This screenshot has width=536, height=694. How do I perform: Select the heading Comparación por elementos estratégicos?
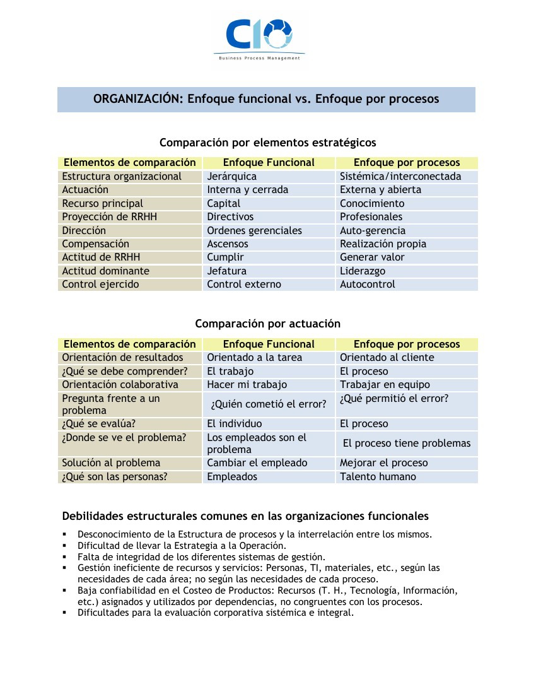click(x=267, y=142)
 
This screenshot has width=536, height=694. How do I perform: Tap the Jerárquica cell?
click(x=231, y=177)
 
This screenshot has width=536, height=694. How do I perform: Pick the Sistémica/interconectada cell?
click(x=400, y=177)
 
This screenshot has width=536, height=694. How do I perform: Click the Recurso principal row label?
click(x=102, y=204)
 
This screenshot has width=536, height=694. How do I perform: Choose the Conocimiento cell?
click(x=372, y=204)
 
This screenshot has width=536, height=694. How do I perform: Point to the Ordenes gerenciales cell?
click(x=254, y=231)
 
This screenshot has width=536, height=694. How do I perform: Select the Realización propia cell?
click(x=383, y=244)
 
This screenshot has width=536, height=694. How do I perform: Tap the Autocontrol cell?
click(x=367, y=285)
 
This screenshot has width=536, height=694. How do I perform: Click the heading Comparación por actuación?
click(x=267, y=324)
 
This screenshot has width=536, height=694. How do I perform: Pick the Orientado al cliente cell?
click(x=387, y=358)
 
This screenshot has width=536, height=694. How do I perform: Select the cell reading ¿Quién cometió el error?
click(x=269, y=404)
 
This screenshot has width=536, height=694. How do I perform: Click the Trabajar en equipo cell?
click(x=385, y=385)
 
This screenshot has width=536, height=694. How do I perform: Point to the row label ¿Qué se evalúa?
click(x=98, y=424)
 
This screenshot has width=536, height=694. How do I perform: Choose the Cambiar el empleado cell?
click(x=257, y=463)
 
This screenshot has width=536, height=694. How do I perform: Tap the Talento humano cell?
click(x=378, y=477)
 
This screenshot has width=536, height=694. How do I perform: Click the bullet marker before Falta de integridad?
click(x=64, y=557)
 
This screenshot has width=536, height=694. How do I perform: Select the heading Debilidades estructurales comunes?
click(x=245, y=516)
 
